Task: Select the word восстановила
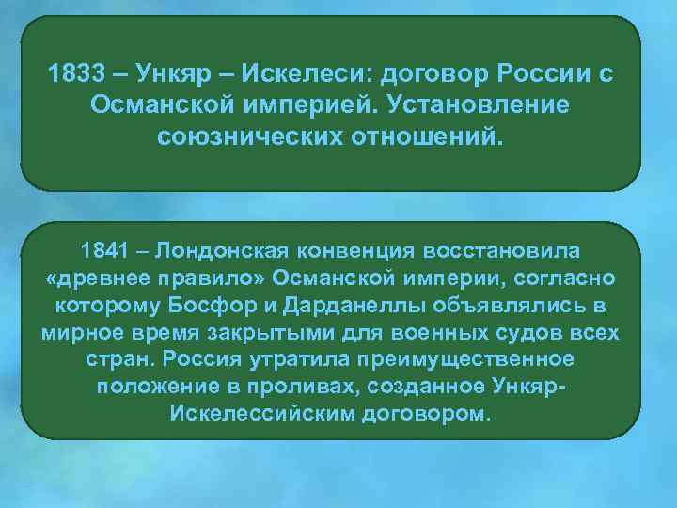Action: point(501,252)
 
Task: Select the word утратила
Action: point(289,361)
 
